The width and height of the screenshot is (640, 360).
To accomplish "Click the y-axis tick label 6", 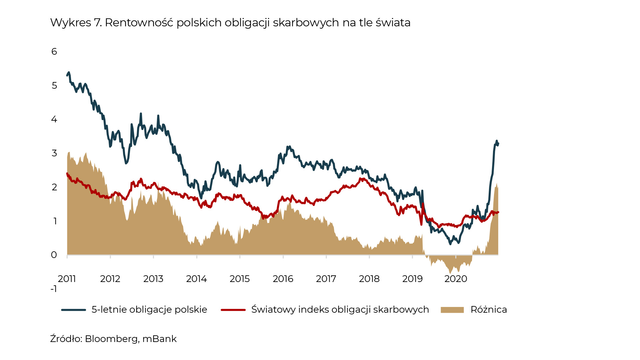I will [x=54, y=52].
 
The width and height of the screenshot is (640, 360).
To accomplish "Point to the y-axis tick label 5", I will [x=54, y=86].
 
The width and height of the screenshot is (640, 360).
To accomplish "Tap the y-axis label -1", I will [x=54, y=289].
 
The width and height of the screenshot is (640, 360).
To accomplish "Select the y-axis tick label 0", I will [x=54, y=255].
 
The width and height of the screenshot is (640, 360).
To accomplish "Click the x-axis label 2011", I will [x=67, y=279].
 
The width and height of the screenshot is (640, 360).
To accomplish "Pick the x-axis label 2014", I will [x=196, y=279].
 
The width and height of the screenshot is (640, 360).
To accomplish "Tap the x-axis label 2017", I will [x=326, y=279].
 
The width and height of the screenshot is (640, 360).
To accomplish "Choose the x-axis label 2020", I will [x=456, y=279].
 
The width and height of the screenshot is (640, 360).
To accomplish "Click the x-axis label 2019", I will [x=412, y=279].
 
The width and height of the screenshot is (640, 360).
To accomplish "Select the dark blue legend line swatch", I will [x=74, y=310].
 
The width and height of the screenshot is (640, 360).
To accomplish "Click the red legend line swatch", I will [x=233, y=310].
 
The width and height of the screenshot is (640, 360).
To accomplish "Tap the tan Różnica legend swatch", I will [x=452, y=310].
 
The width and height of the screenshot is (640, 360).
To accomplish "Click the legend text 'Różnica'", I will [x=489, y=310].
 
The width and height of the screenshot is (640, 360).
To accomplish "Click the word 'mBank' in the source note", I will [x=159, y=339].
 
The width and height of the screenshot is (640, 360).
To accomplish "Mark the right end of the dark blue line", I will [x=498, y=143].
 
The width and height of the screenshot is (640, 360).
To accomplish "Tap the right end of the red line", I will [x=498, y=212].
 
